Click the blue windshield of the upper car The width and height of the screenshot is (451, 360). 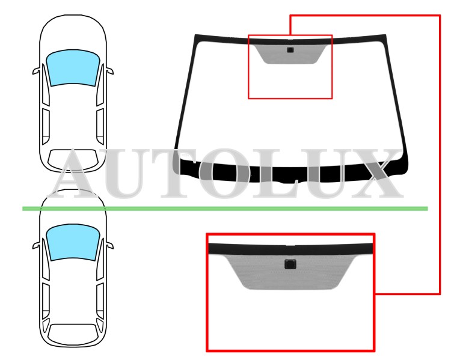(x=73, y=67)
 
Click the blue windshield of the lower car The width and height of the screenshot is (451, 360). (x=73, y=242)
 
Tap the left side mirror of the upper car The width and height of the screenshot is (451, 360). (x=36, y=71)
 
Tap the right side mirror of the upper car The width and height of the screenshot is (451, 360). (x=109, y=71)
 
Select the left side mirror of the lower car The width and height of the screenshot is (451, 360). (x=36, y=245)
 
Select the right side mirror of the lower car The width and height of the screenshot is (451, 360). (x=109, y=245)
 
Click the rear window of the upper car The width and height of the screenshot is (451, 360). (x=73, y=159)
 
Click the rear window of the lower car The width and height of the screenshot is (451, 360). (x=73, y=334)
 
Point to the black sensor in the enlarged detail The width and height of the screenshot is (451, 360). (x=290, y=264)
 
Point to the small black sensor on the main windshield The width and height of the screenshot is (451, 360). (x=290, y=50)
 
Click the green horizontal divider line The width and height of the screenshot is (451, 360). (x=226, y=209)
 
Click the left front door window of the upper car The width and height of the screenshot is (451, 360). (x=46, y=85)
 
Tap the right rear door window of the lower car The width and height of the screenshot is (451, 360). (x=100, y=301)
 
